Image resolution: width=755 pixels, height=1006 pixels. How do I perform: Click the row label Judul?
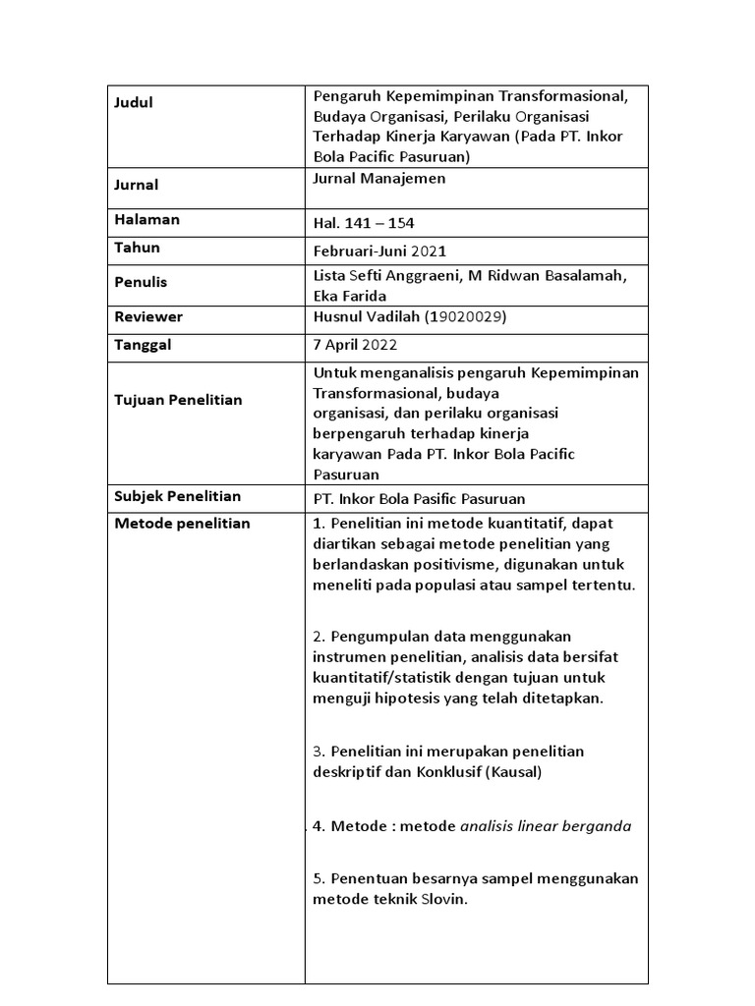click(x=135, y=102)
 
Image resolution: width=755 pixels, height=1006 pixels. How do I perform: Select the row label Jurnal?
click(x=137, y=185)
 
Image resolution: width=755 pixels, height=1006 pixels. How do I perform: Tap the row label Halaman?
click(x=147, y=220)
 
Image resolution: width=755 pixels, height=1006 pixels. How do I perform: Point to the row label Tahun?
click(x=138, y=248)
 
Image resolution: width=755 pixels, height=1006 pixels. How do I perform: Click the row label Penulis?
click(x=142, y=282)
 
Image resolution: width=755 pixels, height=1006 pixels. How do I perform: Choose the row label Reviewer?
click(x=149, y=317)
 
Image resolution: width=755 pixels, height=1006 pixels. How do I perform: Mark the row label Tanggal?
click(x=144, y=345)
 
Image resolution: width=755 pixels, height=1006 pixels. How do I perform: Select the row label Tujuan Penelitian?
click(x=178, y=400)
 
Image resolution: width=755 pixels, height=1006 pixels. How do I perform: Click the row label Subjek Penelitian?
click(x=178, y=496)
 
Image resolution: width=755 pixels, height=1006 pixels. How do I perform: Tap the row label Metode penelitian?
click(x=183, y=524)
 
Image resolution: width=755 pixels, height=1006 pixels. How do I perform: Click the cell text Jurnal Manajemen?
click(x=378, y=178)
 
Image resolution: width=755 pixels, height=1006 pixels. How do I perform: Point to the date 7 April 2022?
click(x=355, y=346)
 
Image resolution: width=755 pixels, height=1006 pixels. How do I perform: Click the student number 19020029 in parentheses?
click(x=468, y=317)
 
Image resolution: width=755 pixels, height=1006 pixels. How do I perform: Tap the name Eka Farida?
click(x=349, y=295)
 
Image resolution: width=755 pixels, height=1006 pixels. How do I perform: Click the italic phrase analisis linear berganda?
click(x=546, y=826)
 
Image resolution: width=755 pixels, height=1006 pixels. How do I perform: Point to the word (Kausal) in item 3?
click(x=506, y=772)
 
